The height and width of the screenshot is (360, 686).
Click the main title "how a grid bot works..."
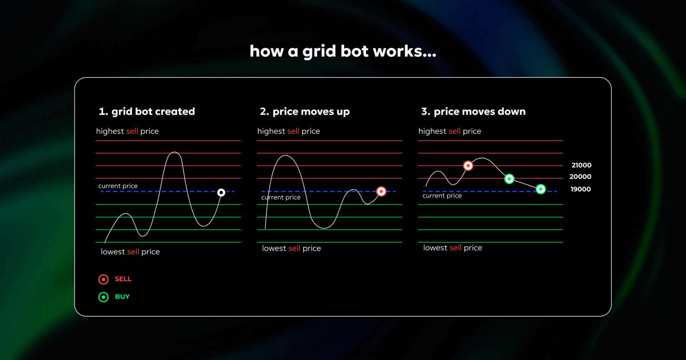pos(343,51)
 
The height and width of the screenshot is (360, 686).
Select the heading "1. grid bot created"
pos(147,111)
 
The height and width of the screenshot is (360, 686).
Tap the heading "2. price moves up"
pos(304,111)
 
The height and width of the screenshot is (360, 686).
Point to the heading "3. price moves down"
pos(473,111)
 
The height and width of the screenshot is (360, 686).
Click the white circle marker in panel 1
pos(221,192)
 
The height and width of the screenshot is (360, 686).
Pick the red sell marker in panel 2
pos(381,191)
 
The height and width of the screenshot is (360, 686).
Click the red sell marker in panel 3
pos(468,166)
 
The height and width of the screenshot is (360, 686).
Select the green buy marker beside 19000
pos(541,189)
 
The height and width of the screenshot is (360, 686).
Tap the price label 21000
pos(581,165)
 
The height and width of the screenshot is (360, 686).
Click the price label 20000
pos(580,177)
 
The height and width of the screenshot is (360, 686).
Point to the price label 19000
pos(580,189)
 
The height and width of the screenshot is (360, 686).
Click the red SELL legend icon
pos(103,279)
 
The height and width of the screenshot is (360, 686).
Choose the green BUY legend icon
pos(103,297)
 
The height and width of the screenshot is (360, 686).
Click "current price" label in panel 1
pos(118,186)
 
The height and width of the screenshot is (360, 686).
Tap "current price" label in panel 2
pos(281,197)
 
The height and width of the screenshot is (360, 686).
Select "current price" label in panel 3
pos(442,196)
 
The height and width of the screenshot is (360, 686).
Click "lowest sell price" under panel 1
pos(130,252)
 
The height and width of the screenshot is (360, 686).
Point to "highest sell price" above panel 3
pos(449,131)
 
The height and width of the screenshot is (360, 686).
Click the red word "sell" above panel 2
pos(293,131)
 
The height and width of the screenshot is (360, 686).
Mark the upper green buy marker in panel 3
pos(509,179)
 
